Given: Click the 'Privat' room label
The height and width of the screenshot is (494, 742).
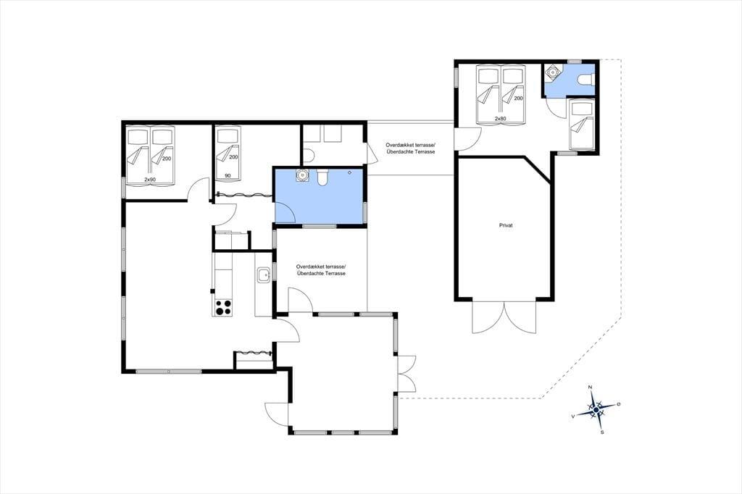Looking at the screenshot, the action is pyautogui.click(x=506, y=226).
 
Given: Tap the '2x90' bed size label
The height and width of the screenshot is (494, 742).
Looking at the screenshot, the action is pyautogui.click(x=150, y=180).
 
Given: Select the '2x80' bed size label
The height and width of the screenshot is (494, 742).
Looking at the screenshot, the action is pyautogui.click(x=501, y=119).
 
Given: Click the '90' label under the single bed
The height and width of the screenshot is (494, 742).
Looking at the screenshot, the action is pyautogui.click(x=228, y=175).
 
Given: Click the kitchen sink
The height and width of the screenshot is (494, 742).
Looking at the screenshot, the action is pyautogui.click(x=263, y=274).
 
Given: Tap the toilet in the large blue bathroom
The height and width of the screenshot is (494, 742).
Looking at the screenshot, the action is pyautogui.click(x=323, y=177).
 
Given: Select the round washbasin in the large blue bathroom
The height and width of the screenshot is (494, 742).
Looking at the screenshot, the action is pyautogui.click(x=302, y=175).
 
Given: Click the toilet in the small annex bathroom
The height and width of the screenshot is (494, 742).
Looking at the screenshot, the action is pyautogui.click(x=585, y=80).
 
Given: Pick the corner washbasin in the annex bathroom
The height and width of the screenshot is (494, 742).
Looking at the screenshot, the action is pyautogui.click(x=551, y=72).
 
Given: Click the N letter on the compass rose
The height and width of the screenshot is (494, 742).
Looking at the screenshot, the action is pyautogui.click(x=590, y=388).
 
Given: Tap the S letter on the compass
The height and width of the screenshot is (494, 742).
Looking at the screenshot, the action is pyautogui.click(x=602, y=432).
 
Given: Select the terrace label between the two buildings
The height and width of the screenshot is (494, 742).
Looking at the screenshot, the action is pyautogui.click(x=410, y=148).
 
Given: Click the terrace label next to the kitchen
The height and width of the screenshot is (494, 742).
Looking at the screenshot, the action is pyautogui.click(x=321, y=269).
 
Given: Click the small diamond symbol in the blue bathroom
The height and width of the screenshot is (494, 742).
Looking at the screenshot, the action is pyautogui.click(x=349, y=172).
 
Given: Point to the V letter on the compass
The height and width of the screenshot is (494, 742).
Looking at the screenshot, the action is pyautogui.click(x=573, y=416).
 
